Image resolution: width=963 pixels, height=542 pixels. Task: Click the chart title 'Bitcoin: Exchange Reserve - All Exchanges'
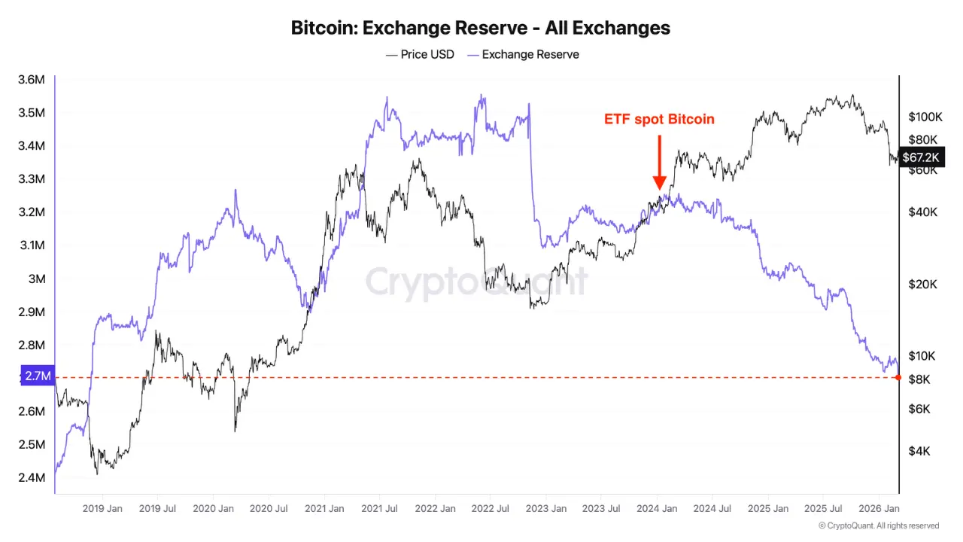click(481, 28)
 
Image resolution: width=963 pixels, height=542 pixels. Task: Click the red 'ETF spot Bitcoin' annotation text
click(659, 119)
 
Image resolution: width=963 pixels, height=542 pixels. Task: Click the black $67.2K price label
click(921, 157)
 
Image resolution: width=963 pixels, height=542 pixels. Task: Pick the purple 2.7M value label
click(37, 376)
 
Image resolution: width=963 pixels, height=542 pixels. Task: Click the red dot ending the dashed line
click(899, 376)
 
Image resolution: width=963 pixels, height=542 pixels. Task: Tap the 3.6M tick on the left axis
click(32, 80)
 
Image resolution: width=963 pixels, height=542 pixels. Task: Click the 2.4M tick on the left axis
click(32, 477)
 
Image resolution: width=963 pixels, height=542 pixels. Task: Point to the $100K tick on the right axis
click(925, 117)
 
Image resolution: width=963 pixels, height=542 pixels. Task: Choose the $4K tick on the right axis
click(919, 451)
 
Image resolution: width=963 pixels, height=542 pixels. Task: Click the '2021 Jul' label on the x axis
click(380, 509)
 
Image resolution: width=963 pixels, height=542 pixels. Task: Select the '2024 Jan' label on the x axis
click(656, 509)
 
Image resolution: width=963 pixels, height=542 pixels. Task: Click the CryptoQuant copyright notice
click(879, 525)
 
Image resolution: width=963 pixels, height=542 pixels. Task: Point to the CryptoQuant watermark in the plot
click(477, 282)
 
